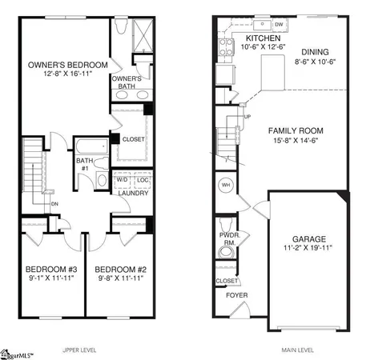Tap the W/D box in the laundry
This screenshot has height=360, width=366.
coord(122,180)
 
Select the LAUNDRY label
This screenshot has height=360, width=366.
coord(131,193)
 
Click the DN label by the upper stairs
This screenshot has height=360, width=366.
coord(55,203)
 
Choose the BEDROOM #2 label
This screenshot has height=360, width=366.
coord(117,269)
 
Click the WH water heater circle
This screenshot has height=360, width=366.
coord(226,185)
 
